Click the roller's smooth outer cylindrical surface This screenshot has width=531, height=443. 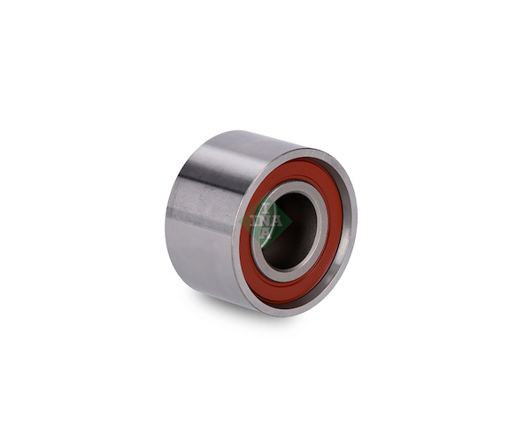pyautogui.click(x=204, y=221)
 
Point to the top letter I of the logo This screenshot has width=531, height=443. pyautogui.click(x=266, y=207)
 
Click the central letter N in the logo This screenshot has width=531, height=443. pyautogui.click(x=266, y=221)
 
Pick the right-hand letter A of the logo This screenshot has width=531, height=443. pyautogui.click(x=277, y=221)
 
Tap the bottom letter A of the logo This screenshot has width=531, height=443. pyautogui.click(x=266, y=234)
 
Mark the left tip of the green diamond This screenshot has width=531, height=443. pyautogui.click(x=240, y=221)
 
